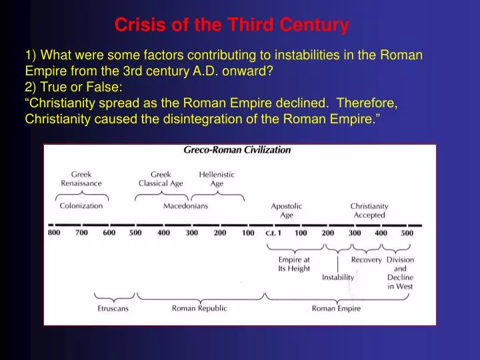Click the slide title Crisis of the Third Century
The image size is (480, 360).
pos(231,25)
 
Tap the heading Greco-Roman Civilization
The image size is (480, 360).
pos(237,151)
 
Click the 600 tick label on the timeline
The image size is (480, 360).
pos(109,234)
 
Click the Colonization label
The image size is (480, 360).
pos(81,207)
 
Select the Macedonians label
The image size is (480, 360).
pos(185,207)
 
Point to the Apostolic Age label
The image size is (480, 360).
pos(286,211)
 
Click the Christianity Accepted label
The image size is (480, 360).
pos(369,211)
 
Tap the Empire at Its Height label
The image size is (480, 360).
pos(294,264)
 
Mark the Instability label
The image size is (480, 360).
pos(338,277)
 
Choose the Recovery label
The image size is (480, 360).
pos(366,260)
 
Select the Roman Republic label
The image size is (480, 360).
pos(199,309)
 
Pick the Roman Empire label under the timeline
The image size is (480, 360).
pos(336,309)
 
